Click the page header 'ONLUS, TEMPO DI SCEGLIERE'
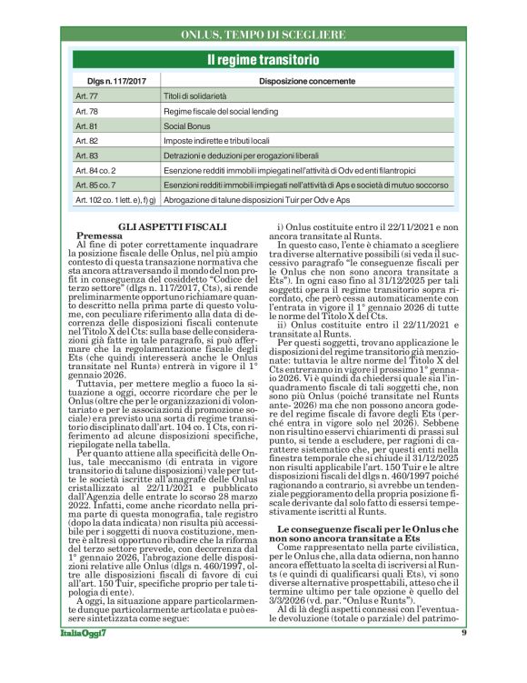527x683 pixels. coord(263,34)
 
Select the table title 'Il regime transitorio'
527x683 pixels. coord(263,60)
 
